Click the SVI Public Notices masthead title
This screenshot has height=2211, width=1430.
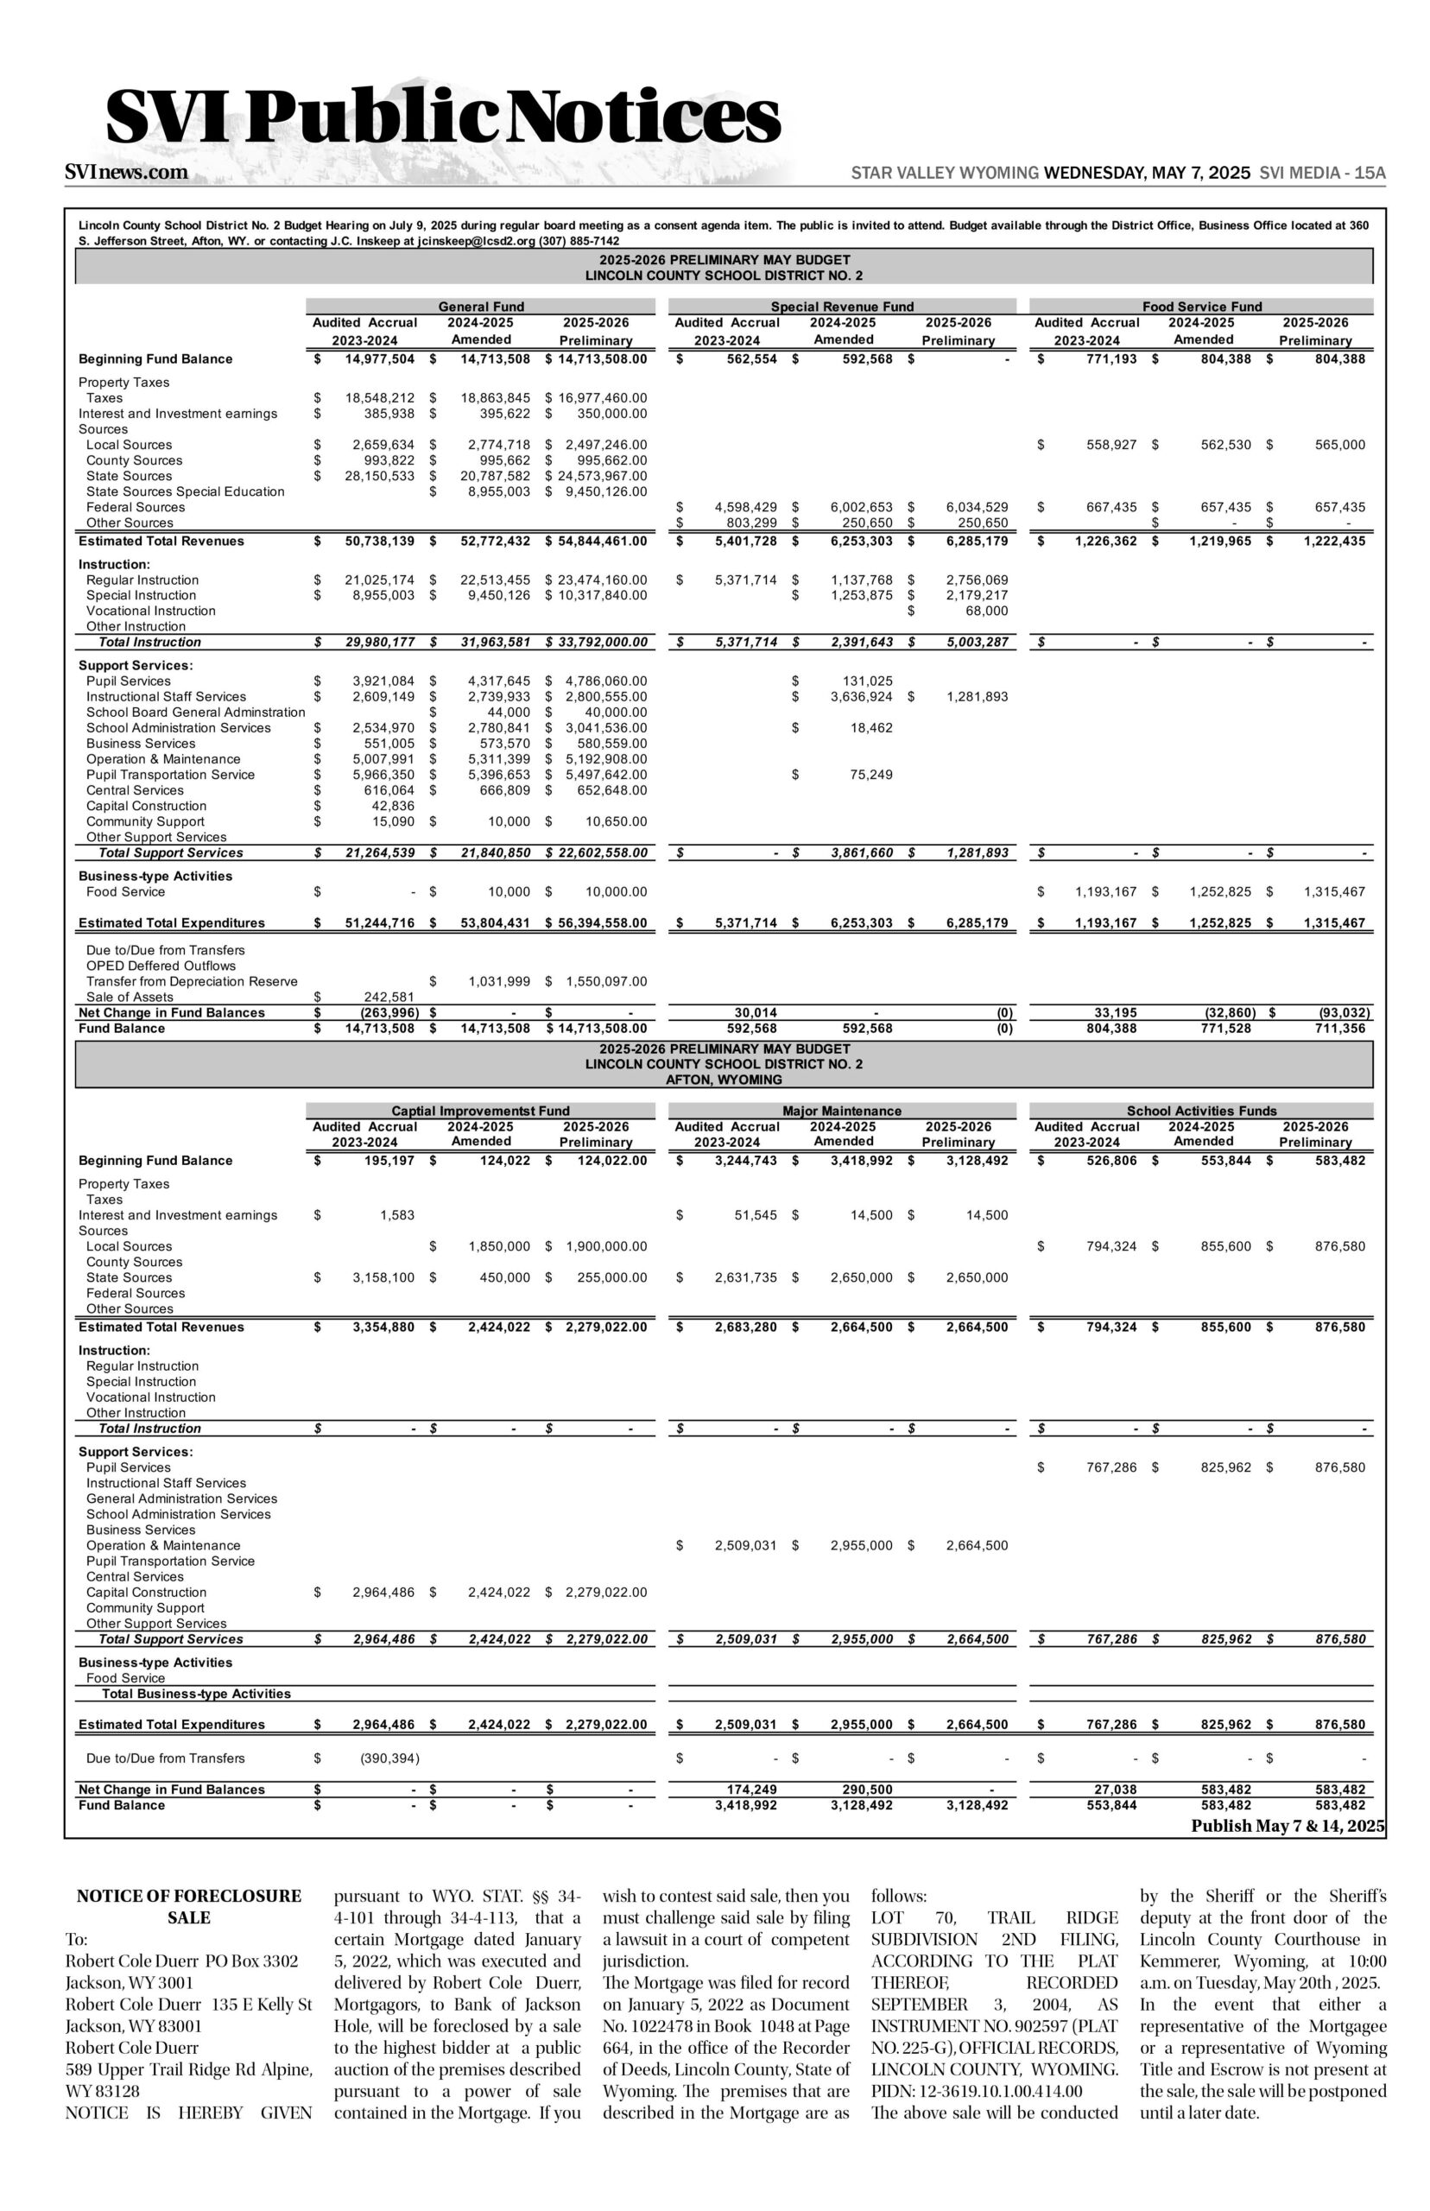pyautogui.click(x=443, y=118)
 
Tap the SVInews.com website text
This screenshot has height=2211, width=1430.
pyautogui.click(x=126, y=173)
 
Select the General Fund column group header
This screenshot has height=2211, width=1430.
pyautogui.click(x=481, y=307)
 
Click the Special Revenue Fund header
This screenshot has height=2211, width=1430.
pyautogui.click(x=841, y=307)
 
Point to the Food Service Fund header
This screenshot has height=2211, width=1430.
pyautogui.click(x=1201, y=307)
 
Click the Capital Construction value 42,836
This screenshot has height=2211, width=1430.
pyautogui.click(x=392, y=806)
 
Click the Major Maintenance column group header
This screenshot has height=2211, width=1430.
pyautogui.click(x=841, y=1111)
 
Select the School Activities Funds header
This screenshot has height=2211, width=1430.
pyautogui.click(x=1201, y=1111)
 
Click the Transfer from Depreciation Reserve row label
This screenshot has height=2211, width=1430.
pyautogui.click(x=193, y=981)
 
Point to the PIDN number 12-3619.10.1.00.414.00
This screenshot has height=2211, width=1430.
pyautogui.click(x=976, y=2091)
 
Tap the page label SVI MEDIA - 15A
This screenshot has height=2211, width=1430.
pyautogui.click(x=1322, y=174)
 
